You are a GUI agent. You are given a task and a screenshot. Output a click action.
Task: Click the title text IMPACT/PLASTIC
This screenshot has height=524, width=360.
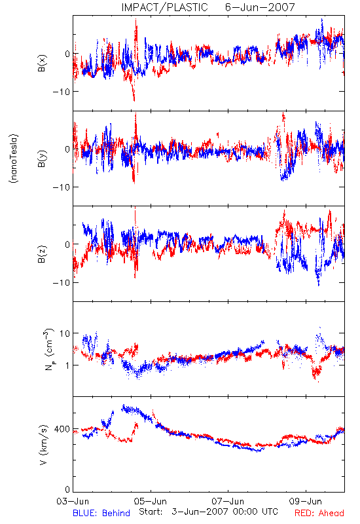pyautogui.click(x=165, y=7)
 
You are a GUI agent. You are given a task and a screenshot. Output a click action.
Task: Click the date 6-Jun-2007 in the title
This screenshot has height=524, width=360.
pyautogui.click(x=260, y=7)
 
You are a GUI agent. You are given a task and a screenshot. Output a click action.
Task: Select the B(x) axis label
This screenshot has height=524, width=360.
pyautogui.click(x=42, y=63)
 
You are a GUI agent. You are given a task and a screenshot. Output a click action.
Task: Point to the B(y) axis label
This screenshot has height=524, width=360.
pyautogui.click(x=42, y=159)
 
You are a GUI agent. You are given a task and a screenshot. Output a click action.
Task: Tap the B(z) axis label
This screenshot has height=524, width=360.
pyautogui.click(x=42, y=254)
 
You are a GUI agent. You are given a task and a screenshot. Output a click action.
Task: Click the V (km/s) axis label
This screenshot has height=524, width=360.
pyautogui.click(x=43, y=445)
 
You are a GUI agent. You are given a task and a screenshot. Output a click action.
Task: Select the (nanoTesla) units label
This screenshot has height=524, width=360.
pyautogui.click(x=14, y=159)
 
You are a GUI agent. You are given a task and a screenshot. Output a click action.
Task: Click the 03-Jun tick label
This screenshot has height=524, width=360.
pyautogui.click(x=73, y=501)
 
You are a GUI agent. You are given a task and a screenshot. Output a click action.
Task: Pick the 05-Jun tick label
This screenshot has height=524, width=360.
pyautogui.click(x=151, y=501)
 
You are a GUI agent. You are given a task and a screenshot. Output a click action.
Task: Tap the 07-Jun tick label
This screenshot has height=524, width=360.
pyautogui.click(x=228, y=501)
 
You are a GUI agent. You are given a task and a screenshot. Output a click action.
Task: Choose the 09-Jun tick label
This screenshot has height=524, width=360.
pyautogui.click(x=306, y=501)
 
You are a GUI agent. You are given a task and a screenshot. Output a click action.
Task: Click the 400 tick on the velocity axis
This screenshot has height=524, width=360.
pyautogui.click(x=62, y=429)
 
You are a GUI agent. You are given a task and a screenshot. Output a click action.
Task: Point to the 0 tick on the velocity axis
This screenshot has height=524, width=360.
pyautogui.click(x=67, y=489)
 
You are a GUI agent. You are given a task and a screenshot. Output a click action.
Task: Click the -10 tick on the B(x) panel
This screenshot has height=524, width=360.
pyautogui.click(x=61, y=91)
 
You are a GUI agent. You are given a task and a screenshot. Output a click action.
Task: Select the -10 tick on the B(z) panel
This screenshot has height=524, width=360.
pyautogui.click(x=61, y=282)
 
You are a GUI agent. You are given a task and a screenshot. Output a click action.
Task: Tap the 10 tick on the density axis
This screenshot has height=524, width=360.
pyautogui.click(x=65, y=333)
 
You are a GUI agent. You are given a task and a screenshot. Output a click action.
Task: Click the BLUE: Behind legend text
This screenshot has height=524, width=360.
pyautogui.click(x=101, y=514)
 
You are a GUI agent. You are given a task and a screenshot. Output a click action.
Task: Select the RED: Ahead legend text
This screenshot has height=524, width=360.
pyautogui.click(x=319, y=514)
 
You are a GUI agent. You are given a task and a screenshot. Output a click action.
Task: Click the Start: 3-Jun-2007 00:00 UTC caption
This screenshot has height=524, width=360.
pyautogui.click(x=208, y=512)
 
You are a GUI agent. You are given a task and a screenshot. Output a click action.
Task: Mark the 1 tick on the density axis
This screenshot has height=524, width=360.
pyautogui.click(x=67, y=365)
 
